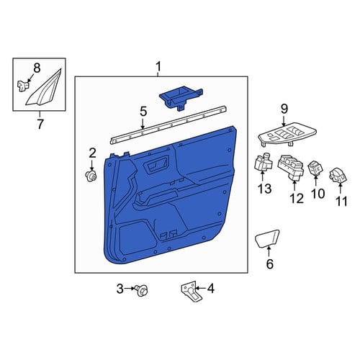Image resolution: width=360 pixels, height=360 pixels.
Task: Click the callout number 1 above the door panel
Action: pyautogui.click(x=158, y=67)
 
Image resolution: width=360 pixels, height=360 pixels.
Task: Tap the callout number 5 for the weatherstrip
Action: pyautogui.click(x=143, y=112)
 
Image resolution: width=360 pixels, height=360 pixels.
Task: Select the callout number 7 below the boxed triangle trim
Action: pyautogui.click(x=40, y=124)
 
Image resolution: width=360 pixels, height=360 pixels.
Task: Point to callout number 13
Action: pyautogui.click(x=265, y=189)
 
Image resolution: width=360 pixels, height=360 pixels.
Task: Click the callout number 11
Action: pyautogui.click(x=341, y=201)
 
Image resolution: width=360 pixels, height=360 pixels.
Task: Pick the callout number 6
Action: pyautogui.click(x=270, y=264)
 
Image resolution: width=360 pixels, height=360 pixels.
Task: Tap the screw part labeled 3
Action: pyautogui.click(x=141, y=290)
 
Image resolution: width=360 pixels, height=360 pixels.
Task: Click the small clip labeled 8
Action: pyautogui.click(x=22, y=86)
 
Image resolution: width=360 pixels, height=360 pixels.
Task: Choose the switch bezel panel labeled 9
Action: pyautogui.click(x=287, y=135)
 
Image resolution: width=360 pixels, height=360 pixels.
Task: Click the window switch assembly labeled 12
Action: pyautogui.click(x=291, y=167)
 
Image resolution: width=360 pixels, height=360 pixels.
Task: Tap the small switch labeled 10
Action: pyautogui.click(x=315, y=168)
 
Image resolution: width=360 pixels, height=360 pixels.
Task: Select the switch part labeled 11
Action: pyautogui.click(x=338, y=175)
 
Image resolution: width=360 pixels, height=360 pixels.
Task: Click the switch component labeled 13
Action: pyautogui.click(x=263, y=163)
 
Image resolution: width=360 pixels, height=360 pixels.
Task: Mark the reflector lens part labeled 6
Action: pyautogui.click(x=267, y=238)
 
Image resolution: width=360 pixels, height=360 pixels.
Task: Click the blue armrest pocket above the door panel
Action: pyautogui.click(x=181, y=97)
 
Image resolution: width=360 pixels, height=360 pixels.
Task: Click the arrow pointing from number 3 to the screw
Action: pyautogui.click(x=130, y=289)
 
